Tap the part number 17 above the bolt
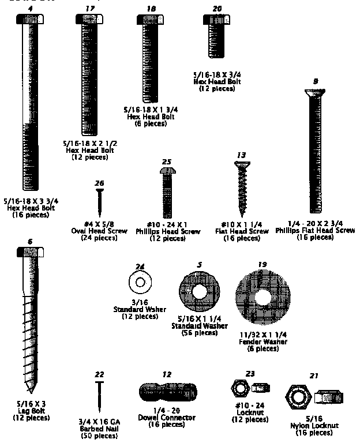(88, 8)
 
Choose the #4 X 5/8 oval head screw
(99, 202)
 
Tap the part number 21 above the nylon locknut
(313, 376)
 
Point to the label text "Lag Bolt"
(28, 411)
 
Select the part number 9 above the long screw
(316, 81)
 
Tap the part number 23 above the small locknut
(250, 373)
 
